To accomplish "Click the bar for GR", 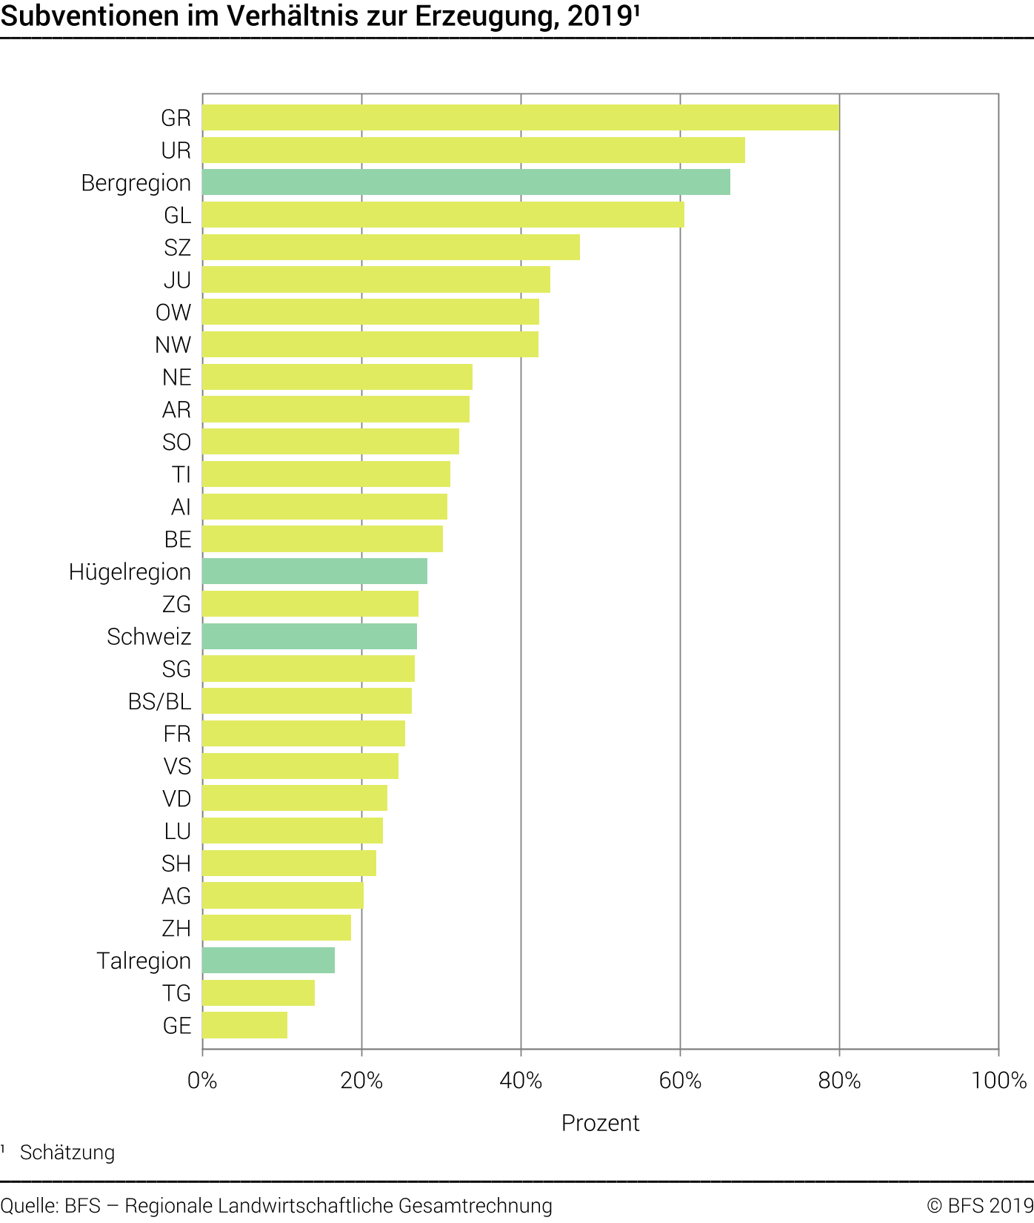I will point(521,118).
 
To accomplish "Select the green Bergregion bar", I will point(466,182).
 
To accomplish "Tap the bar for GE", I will point(244,1025).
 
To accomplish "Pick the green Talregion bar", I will point(268,961).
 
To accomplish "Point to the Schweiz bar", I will point(310,637).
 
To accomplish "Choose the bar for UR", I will point(473,150).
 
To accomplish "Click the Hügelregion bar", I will point(315,571).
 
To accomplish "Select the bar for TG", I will point(258,993).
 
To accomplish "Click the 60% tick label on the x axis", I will point(680,1081).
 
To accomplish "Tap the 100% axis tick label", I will point(998,1081).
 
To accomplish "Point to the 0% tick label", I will point(202,1081).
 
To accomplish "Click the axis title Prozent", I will point(600,1123).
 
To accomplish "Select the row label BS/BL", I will point(159,701).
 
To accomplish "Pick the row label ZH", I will point(176,928).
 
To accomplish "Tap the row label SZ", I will point(177,248).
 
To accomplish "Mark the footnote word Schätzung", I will point(67,1153).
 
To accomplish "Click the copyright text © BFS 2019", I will point(979,1206).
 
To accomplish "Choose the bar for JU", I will point(376,279).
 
